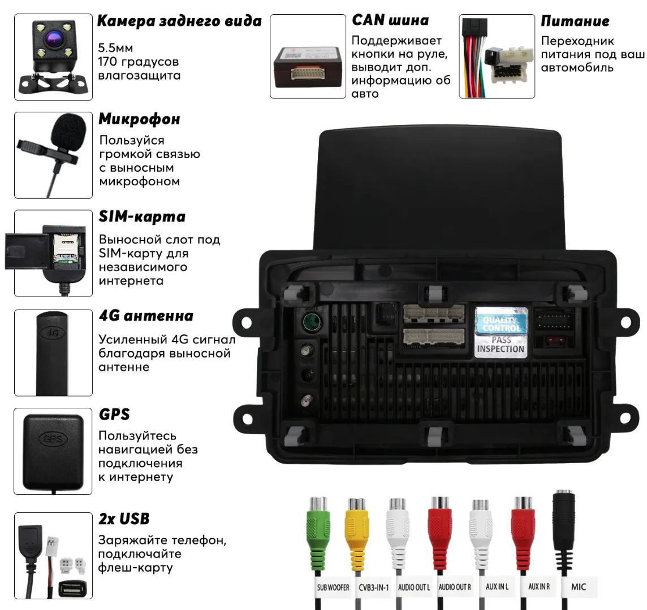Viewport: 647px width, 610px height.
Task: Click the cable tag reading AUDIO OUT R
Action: [x=455, y=587]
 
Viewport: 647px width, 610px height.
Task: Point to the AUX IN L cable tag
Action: [x=497, y=587]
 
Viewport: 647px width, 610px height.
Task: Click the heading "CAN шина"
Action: [x=390, y=20]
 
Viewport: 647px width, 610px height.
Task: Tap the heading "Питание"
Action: [x=575, y=21]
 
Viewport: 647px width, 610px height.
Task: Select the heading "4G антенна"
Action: [x=146, y=316]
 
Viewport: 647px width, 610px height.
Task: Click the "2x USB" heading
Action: [x=124, y=518]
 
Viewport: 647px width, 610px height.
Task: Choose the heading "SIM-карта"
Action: [x=142, y=217]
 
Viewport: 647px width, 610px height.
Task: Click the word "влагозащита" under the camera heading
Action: [x=139, y=75]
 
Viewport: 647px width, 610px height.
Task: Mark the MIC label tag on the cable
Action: [x=579, y=587]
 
